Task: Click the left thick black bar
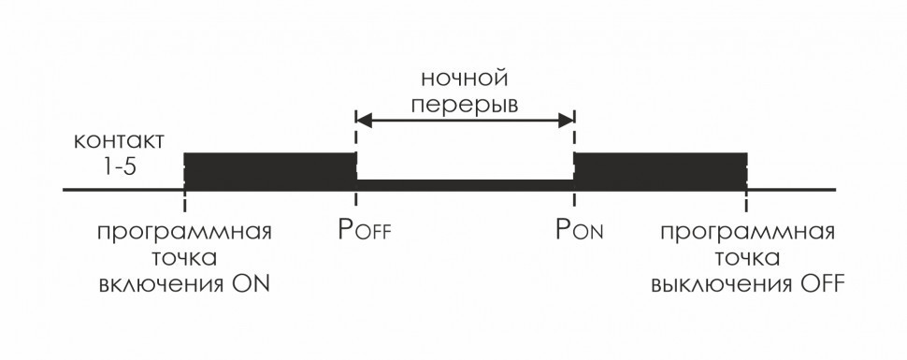click(270, 170)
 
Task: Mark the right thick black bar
click(660, 170)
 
